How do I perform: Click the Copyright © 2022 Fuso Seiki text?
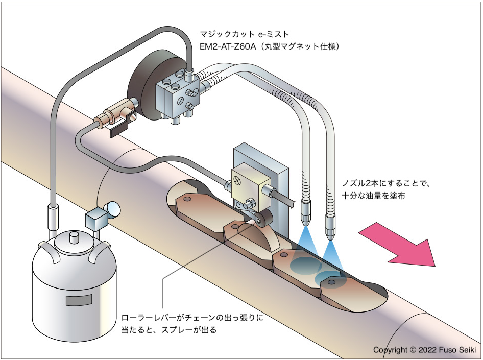424,350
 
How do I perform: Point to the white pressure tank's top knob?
74,237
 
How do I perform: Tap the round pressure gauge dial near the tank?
113,208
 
